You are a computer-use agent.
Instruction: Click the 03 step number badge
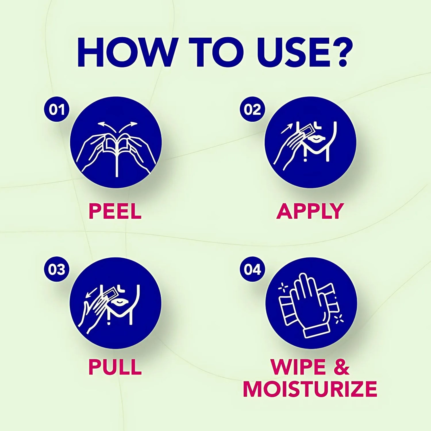coord(57,269)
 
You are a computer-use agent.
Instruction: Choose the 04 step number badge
coord(252,269)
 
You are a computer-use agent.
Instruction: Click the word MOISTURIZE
coord(310,388)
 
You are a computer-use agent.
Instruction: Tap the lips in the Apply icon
coord(316,139)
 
